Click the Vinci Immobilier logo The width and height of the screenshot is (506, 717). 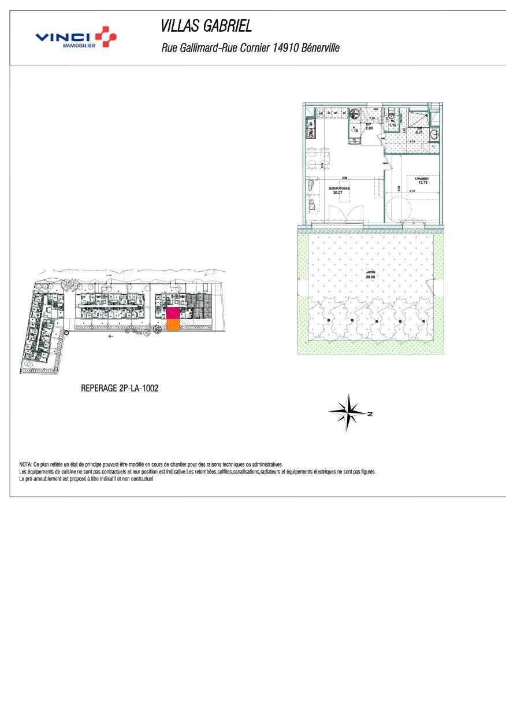pos(76,38)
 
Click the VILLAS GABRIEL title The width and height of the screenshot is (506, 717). pos(206,26)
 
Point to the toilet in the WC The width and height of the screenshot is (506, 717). pos(392,112)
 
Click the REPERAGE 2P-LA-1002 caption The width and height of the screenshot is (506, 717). pos(120,389)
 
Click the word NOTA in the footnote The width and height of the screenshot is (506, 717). pos(25,464)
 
